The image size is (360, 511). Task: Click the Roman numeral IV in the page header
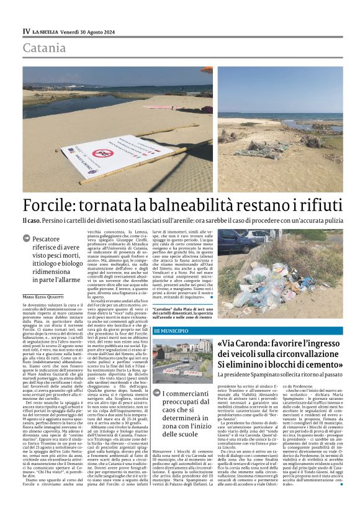coord(26,31)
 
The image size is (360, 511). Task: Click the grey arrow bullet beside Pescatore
coord(27,238)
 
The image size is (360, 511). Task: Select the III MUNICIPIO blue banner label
coord(173,332)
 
